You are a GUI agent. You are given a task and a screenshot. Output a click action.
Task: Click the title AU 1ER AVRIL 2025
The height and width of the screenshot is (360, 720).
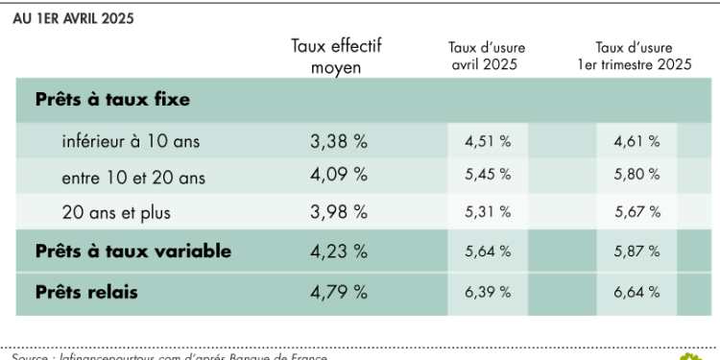73,18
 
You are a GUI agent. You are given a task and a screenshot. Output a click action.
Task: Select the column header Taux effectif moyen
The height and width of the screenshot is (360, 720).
336,56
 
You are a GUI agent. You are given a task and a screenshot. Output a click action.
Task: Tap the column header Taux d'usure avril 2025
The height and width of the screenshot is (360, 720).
487,56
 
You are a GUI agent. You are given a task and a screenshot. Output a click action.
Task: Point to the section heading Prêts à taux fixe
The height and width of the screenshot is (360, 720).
111,99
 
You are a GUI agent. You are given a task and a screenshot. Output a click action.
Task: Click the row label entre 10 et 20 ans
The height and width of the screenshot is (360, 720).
132,177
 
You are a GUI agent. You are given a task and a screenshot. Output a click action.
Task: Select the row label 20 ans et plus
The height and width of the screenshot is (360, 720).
115,211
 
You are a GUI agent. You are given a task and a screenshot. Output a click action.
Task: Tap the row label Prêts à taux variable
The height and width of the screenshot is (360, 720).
132,251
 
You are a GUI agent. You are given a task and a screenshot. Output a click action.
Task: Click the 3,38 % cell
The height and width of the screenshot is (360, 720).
339,141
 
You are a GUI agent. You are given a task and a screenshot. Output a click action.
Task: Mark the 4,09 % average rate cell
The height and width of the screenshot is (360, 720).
339,176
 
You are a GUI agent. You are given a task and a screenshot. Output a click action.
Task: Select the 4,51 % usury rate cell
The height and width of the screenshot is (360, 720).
487,141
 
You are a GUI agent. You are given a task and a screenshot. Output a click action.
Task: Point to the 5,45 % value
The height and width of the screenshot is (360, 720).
487,176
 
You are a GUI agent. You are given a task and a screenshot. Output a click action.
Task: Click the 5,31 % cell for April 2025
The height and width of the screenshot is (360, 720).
487,211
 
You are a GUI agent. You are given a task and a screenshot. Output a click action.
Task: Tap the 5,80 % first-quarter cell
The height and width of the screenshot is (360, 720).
636,176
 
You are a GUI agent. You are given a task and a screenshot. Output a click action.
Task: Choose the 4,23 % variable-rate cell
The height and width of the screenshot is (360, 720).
339,251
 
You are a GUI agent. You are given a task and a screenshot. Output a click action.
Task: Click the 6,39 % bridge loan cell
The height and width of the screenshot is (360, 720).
487,291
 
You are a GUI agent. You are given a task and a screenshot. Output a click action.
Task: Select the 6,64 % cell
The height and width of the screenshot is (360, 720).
636,291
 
